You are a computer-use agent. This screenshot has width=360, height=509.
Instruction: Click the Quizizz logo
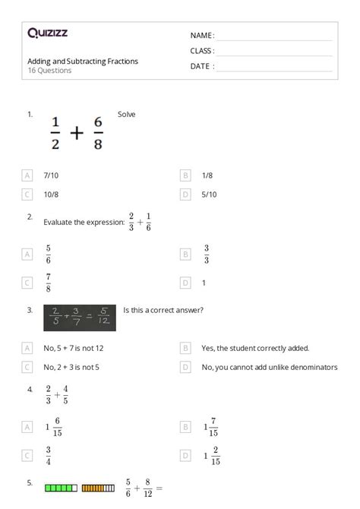tap(46, 33)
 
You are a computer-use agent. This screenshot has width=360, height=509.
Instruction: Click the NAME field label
tap(202, 36)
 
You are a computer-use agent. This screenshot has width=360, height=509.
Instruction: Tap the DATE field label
tap(202, 66)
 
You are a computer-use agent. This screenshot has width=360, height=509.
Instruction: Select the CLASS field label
tap(202, 51)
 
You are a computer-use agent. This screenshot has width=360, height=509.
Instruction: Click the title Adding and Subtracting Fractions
tap(82, 61)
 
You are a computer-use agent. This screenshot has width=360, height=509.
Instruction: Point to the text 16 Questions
tap(49, 71)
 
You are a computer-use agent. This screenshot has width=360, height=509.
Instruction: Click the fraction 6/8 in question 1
tap(98, 133)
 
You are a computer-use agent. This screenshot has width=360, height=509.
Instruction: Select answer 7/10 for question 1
tap(52, 175)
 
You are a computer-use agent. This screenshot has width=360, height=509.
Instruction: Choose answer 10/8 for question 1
tap(52, 194)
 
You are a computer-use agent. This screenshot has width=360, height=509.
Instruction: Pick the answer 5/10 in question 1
tap(209, 194)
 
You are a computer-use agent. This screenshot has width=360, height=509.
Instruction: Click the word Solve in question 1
tap(126, 114)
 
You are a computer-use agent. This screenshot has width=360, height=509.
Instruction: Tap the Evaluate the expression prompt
tap(84, 223)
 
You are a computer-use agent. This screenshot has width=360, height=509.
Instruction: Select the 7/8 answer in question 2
tap(49, 283)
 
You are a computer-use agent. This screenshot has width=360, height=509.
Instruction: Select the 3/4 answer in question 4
tap(49, 455)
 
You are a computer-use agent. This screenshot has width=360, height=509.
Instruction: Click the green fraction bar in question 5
tap(61, 487)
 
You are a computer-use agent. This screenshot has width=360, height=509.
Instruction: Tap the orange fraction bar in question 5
tap(98, 487)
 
